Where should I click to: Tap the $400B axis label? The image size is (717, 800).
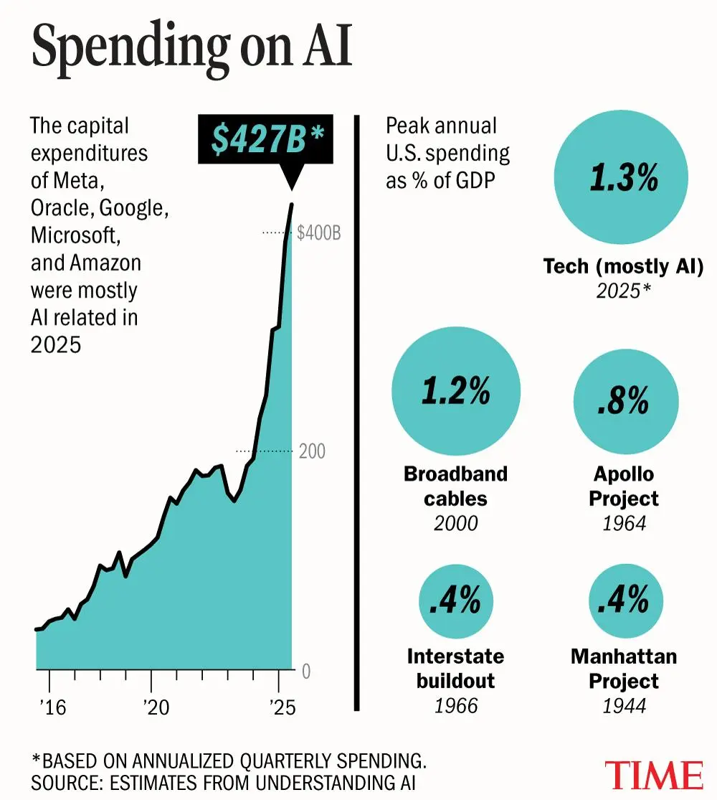click(x=319, y=232)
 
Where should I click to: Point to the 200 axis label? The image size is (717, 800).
click(x=312, y=451)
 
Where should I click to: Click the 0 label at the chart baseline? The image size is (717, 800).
click(x=306, y=672)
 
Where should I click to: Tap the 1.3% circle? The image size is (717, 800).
click(x=623, y=179)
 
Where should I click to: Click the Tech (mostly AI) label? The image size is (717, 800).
click(x=623, y=267)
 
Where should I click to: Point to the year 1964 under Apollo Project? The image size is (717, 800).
click(x=624, y=523)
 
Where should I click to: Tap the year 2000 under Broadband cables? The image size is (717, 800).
click(x=456, y=523)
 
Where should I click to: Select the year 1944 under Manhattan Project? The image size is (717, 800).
click(x=624, y=706)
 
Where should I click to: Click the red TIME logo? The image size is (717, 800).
click(x=653, y=775)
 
